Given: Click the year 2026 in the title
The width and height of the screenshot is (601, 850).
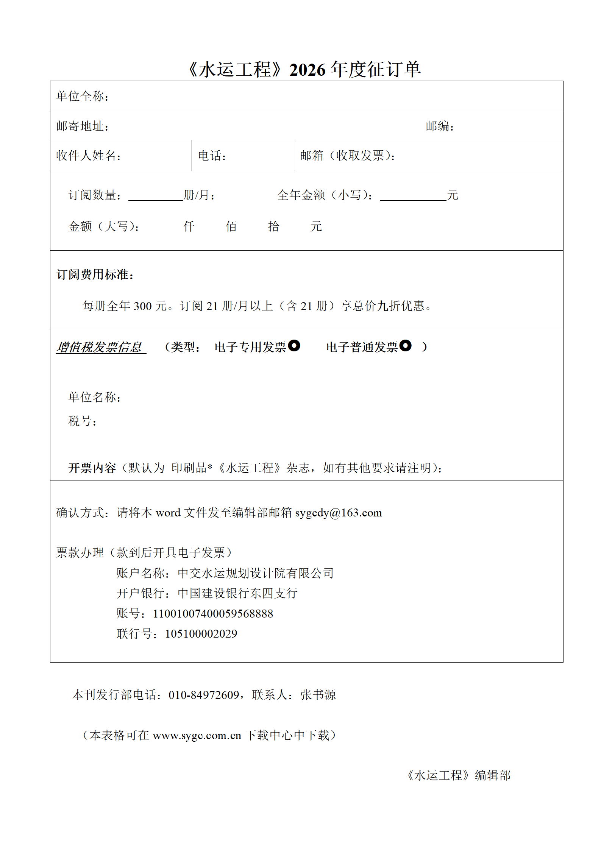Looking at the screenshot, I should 307,70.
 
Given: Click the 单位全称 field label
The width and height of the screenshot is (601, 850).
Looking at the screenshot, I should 82,96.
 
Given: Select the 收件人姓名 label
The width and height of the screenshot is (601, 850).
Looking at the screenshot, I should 88,156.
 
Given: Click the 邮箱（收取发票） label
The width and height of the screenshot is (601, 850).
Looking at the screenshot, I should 348,156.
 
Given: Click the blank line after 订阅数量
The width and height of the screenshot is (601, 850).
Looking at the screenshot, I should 156,196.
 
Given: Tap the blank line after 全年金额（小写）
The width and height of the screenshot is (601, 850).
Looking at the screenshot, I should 413,196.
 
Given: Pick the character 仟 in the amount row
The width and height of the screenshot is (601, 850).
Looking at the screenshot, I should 189,226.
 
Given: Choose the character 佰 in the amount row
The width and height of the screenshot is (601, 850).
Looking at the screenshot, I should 231,226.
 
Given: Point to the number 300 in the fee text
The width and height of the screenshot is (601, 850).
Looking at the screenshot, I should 143,306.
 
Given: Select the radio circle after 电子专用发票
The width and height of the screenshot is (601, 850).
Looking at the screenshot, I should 294,345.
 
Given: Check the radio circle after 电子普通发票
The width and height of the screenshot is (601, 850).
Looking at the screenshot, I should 406,345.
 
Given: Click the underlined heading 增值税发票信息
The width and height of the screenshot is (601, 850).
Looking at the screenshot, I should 100,347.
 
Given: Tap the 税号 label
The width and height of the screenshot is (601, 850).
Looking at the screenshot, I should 82,421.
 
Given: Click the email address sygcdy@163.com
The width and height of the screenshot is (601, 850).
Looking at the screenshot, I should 339,513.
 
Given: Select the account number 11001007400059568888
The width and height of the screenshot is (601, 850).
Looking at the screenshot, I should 213,613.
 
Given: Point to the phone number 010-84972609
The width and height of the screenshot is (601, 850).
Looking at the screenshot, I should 204,695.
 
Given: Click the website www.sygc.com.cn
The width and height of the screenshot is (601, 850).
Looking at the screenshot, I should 197,735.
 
